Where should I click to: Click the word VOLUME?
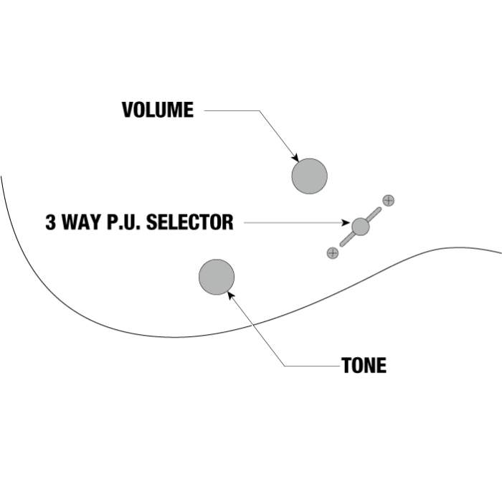158,110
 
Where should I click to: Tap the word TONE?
364,366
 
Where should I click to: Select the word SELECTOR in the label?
189,222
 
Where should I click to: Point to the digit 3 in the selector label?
51,222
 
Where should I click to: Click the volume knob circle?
309,176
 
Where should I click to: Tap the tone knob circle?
217,277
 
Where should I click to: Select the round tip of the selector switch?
361,226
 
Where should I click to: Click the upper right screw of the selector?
388,201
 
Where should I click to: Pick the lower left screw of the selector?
332,252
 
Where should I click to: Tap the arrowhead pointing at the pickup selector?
347,223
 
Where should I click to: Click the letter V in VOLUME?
128,110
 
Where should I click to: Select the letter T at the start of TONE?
346,366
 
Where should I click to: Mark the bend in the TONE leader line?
285,366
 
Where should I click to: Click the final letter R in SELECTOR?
228,222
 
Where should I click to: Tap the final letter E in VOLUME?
189,110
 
